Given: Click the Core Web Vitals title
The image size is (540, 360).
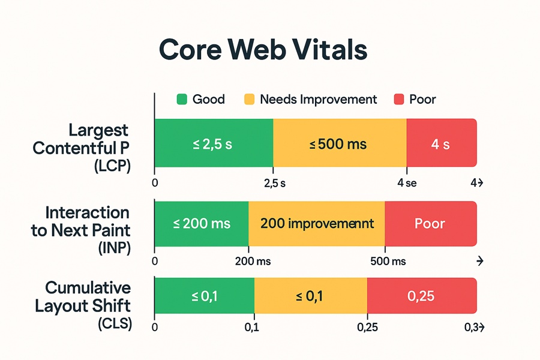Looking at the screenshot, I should [x=263, y=51].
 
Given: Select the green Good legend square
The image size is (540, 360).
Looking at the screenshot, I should [x=182, y=99].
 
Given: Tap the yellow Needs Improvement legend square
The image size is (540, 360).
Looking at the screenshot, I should [x=250, y=99].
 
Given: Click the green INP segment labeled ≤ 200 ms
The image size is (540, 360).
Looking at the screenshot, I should [x=202, y=224].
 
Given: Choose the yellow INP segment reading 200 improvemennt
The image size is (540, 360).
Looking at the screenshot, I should [x=316, y=224].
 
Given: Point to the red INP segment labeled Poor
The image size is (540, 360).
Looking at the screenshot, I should [x=430, y=224].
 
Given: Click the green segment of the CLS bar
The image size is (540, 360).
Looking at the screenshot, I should [x=204, y=296].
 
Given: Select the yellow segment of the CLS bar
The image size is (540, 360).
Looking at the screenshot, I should [x=310, y=296].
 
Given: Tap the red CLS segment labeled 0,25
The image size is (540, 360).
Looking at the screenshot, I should [x=421, y=296].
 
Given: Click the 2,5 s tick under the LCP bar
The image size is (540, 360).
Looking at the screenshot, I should [x=275, y=184].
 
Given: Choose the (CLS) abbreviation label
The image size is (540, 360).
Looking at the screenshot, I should [x=113, y=325].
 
